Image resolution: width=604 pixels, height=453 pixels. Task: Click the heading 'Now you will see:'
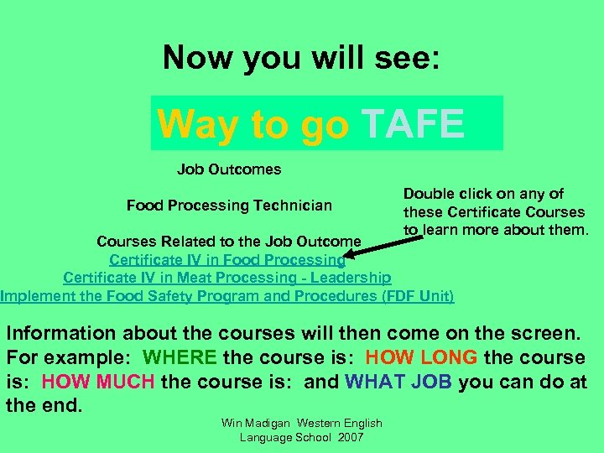click(x=302, y=58)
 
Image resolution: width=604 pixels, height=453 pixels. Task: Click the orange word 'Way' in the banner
click(x=197, y=125)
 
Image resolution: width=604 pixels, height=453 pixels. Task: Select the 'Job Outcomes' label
click(x=229, y=169)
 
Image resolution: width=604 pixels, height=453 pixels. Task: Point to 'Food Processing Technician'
click(x=229, y=206)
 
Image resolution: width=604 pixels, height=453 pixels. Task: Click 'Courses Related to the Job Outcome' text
click(x=229, y=242)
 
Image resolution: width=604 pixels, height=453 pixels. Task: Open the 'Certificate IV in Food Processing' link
click(x=227, y=260)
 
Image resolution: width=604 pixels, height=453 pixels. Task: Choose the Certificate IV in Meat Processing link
click(x=226, y=278)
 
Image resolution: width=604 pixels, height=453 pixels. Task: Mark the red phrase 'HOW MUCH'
click(x=97, y=382)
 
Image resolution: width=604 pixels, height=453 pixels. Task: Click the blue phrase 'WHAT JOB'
click(x=398, y=382)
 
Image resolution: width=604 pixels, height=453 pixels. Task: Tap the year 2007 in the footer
click(x=348, y=437)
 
